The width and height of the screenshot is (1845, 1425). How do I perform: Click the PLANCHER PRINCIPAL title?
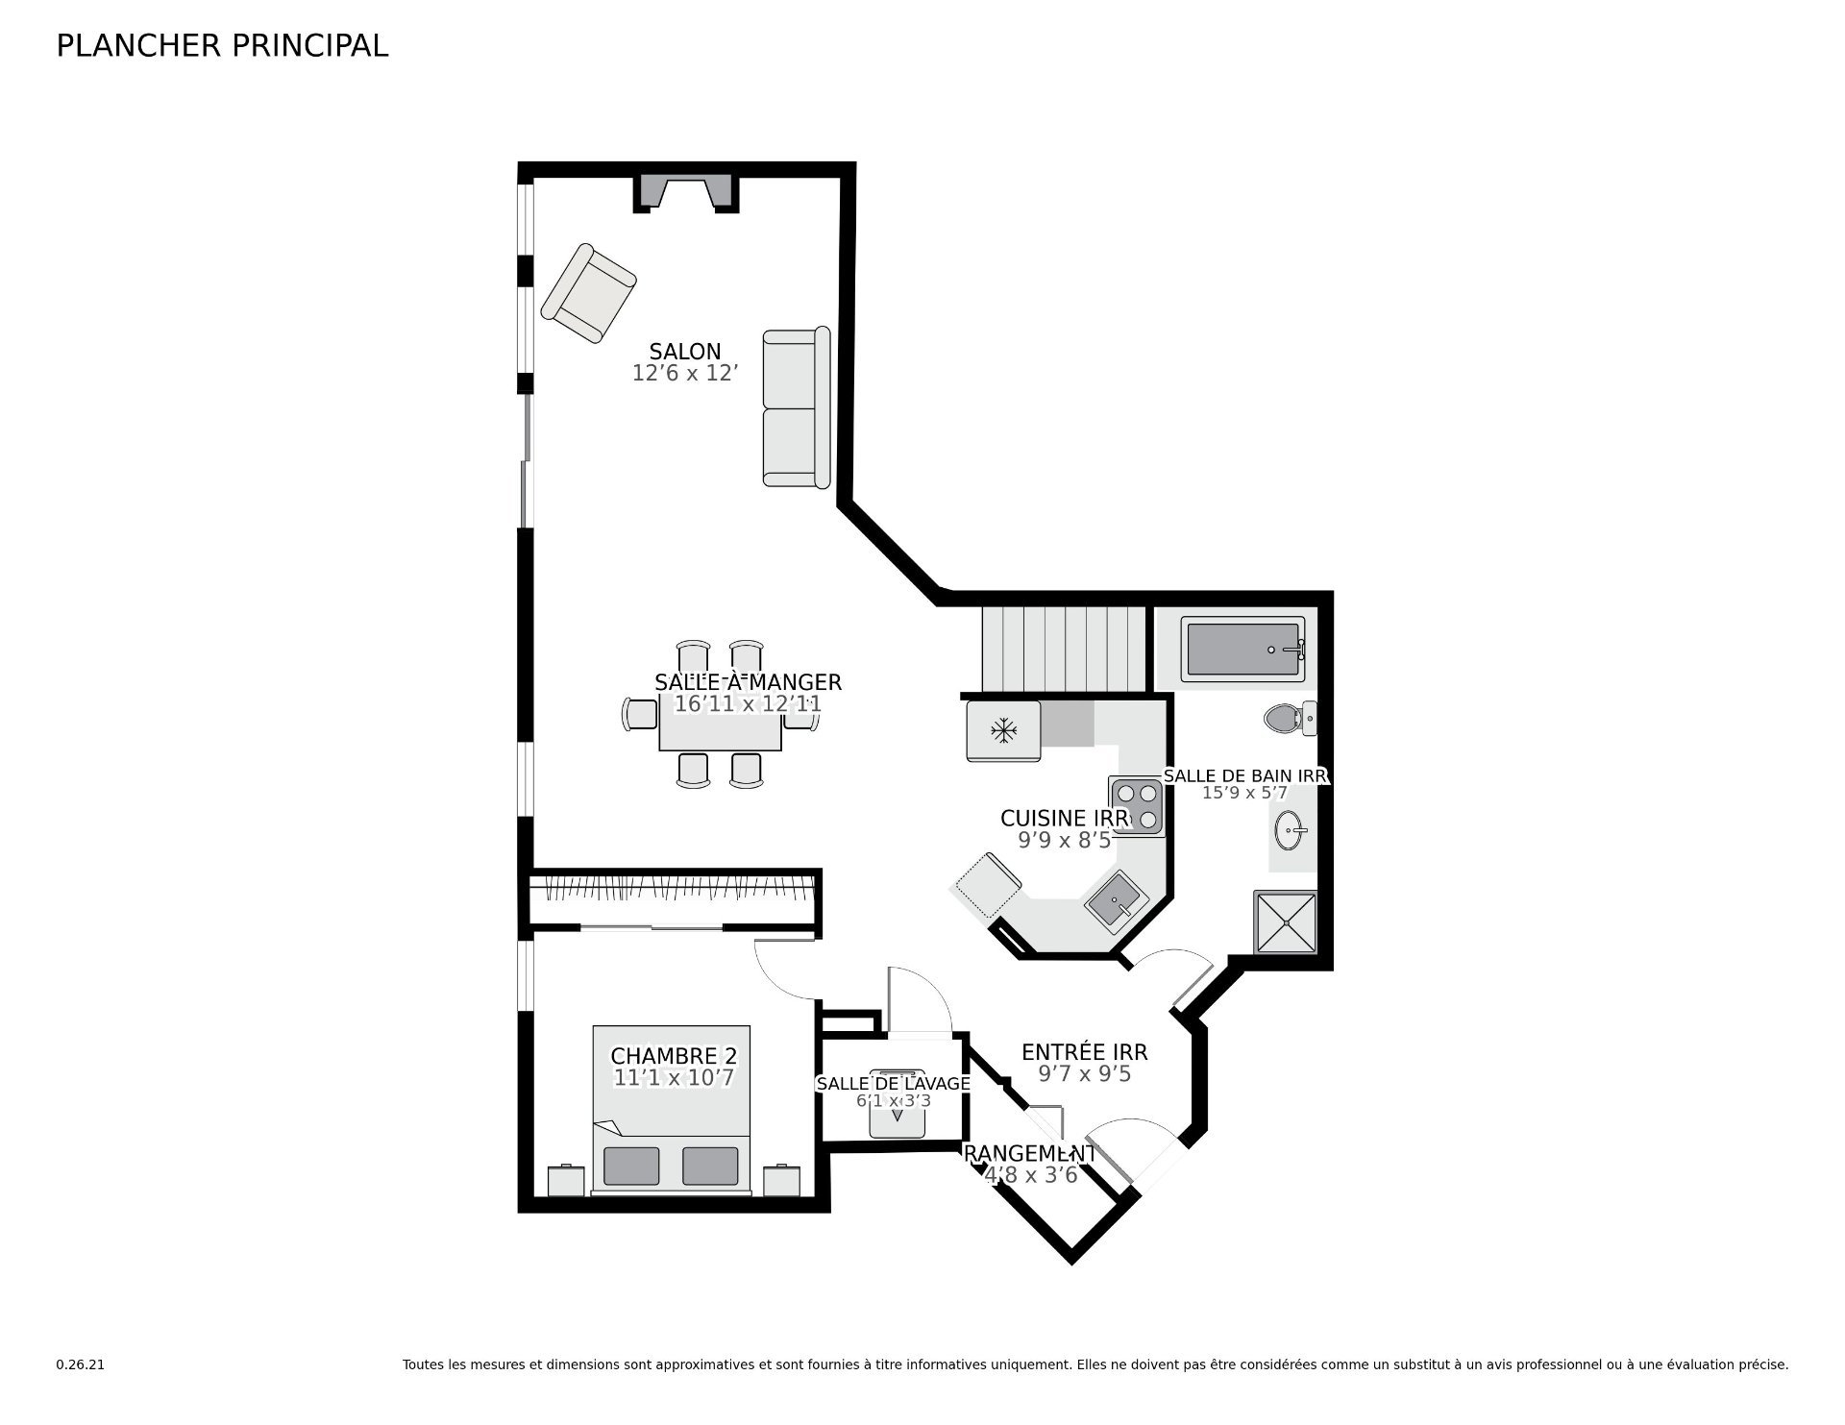222,46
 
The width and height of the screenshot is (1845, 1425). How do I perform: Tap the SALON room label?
685,352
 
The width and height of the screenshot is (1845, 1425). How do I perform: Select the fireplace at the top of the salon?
686,193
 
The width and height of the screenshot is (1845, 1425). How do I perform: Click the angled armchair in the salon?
588,293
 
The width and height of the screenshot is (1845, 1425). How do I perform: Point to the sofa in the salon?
797,407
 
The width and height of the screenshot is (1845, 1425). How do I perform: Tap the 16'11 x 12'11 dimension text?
748,704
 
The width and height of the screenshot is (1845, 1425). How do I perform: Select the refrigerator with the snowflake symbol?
1003,731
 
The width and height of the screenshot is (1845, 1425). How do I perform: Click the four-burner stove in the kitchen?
1136,806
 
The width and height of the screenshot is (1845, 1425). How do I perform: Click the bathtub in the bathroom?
1243,650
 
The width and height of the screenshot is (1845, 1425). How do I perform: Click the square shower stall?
1285,922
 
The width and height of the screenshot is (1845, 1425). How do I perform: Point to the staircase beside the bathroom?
1065,649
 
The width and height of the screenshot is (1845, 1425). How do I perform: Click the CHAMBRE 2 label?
674,1056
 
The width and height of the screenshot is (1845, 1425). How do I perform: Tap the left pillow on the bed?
631,1166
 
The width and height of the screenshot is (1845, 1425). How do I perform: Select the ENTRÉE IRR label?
1084,1052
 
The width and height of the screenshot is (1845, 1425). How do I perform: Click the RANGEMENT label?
1029,1153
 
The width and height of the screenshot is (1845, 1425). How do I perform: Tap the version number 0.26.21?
80,1364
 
